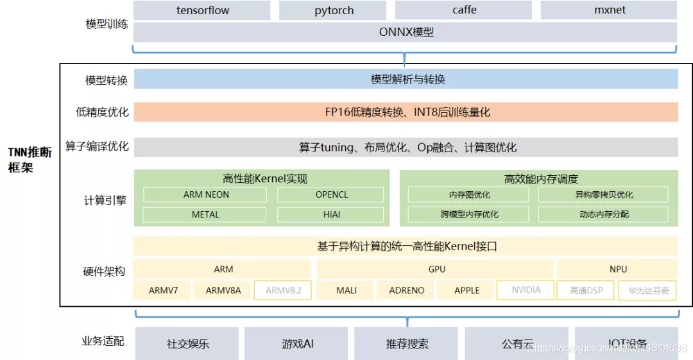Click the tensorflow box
(203, 10)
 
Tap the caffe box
(464, 10)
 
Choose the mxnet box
(609, 10)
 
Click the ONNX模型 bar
(405, 31)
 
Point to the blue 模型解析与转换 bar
(406, 79)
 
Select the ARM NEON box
(206, 194)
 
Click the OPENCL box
(331, 194)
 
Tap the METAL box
(206, 214)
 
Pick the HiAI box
(331, 214)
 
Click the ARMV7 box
(163, 290)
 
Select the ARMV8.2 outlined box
(283, 290)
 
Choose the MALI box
(346, 290)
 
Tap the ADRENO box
(407, 290)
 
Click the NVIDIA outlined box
(526, 290)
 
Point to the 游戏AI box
(298, 343)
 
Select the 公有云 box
(517, 343)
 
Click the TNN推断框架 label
(30, 160)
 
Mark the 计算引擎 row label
(105, 200)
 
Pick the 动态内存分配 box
(603, 214)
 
